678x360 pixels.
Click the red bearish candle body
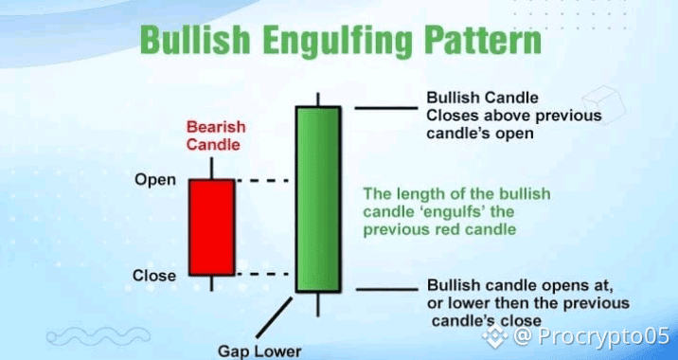[x=212, y=227]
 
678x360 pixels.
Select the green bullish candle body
[x=319, y=200]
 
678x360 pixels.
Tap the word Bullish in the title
[x=195, y=41]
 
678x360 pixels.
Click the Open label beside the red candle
[x=155, y=180]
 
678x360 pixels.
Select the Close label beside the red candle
[x=154, y=276]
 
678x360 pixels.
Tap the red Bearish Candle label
[x=216, y=135]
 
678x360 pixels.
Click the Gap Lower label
[x=259, y=351]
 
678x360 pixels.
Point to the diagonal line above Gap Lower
[x=275, y=317]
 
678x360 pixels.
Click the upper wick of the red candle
[x=211, y=168]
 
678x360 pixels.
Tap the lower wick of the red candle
[x=211, y=283]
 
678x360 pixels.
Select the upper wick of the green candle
[x=318, y=99]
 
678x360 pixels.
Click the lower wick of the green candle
[x=318, y=305]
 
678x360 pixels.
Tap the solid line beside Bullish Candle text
[x=386, y=108]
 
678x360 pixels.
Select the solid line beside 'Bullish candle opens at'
[x=387, y=290]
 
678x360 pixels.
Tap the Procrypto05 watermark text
[x=603, y=336]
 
